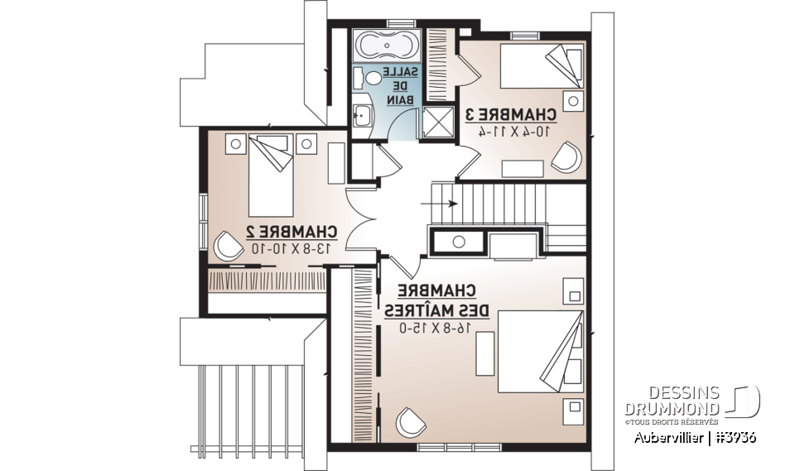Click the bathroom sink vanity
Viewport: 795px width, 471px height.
361,114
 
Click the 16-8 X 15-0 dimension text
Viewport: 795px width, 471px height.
436,328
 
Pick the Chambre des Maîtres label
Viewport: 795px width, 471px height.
436,300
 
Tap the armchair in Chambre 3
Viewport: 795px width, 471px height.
566,156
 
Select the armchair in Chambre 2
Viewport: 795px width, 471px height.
226,245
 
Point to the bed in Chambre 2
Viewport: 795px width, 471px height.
272,173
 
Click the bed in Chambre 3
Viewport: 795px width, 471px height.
539,66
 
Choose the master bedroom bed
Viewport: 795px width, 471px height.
540,351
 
